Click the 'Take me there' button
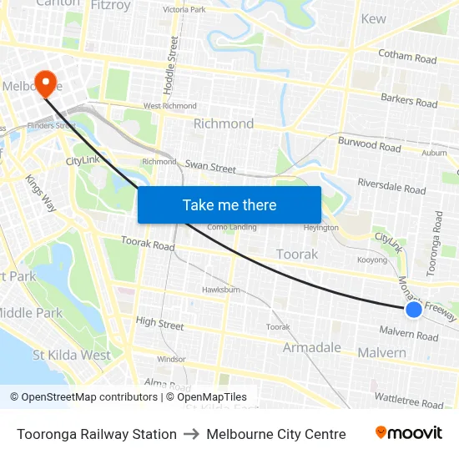pyautogui.click(x=229, y=204)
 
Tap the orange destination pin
pyautogui.click(x=43, y=82)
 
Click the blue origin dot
pyautogui.click(x=414, y=310)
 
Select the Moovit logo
pyautogui.click(x=409, y=433)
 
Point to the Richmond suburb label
pyautogui.click(x=223, y=124)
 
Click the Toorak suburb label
pyautogui.click(x=296, y=254)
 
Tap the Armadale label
pyautogui.click(x=312, y=347)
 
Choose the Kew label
pyautogui.click(x=373, y=18)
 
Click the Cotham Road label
pyautogui.click(x=407, y=58)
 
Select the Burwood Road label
pyautogui.click(x=369, y=145)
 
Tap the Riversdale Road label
pyautogui.click(x=391, y=185)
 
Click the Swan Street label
pyautogui.click(x=210, y=167)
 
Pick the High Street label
pyautogui.click(x=159, y=322)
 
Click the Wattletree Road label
pyautogui.click(x=409, y=401)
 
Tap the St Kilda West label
pyautogui.click(x=72, y=355)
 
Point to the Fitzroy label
pyautogui.click(x=110, y=5)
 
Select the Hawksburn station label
pyautogui.click(x=220, y=290)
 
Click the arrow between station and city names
pyautogui.click(x=191, y=434)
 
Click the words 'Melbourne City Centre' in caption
pyautogui.click(x=275, y=434)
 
